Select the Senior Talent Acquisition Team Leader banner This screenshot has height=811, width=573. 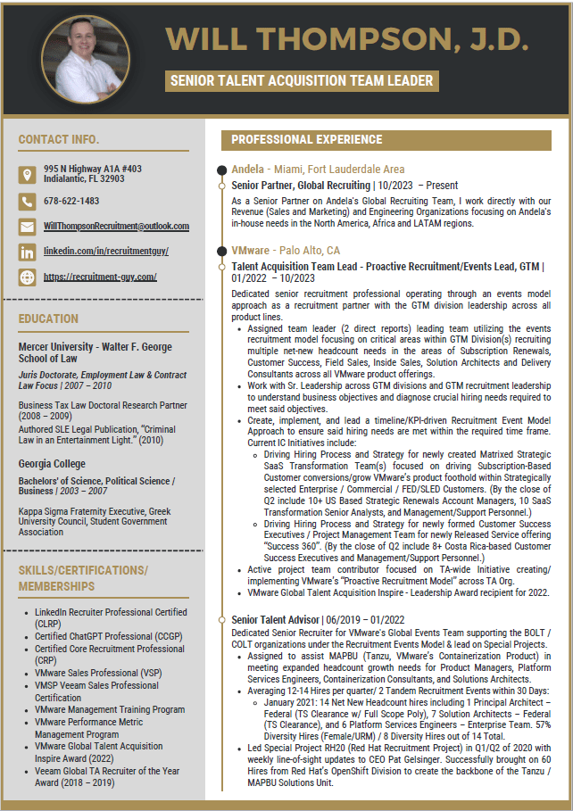[302, 81]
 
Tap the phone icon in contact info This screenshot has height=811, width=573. [27, 201]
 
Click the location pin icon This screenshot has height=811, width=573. [27, 174]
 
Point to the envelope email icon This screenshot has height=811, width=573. [27, 227]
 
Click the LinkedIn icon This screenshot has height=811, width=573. [27, 252]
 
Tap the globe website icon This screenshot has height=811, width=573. [27, 277]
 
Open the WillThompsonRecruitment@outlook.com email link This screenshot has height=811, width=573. [116, 227]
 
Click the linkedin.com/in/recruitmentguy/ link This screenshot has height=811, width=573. [105, 252]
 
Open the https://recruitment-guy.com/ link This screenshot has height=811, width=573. [100, 277]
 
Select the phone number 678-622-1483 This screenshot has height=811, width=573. [71, 201]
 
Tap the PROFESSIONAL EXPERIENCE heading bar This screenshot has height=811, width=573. [307, 139]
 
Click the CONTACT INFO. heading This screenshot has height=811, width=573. [58, 139]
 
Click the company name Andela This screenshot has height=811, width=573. [247, 169]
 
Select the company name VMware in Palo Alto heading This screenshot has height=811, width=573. [250, 251]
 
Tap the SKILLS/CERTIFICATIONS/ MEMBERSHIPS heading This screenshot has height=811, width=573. [83, 578]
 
